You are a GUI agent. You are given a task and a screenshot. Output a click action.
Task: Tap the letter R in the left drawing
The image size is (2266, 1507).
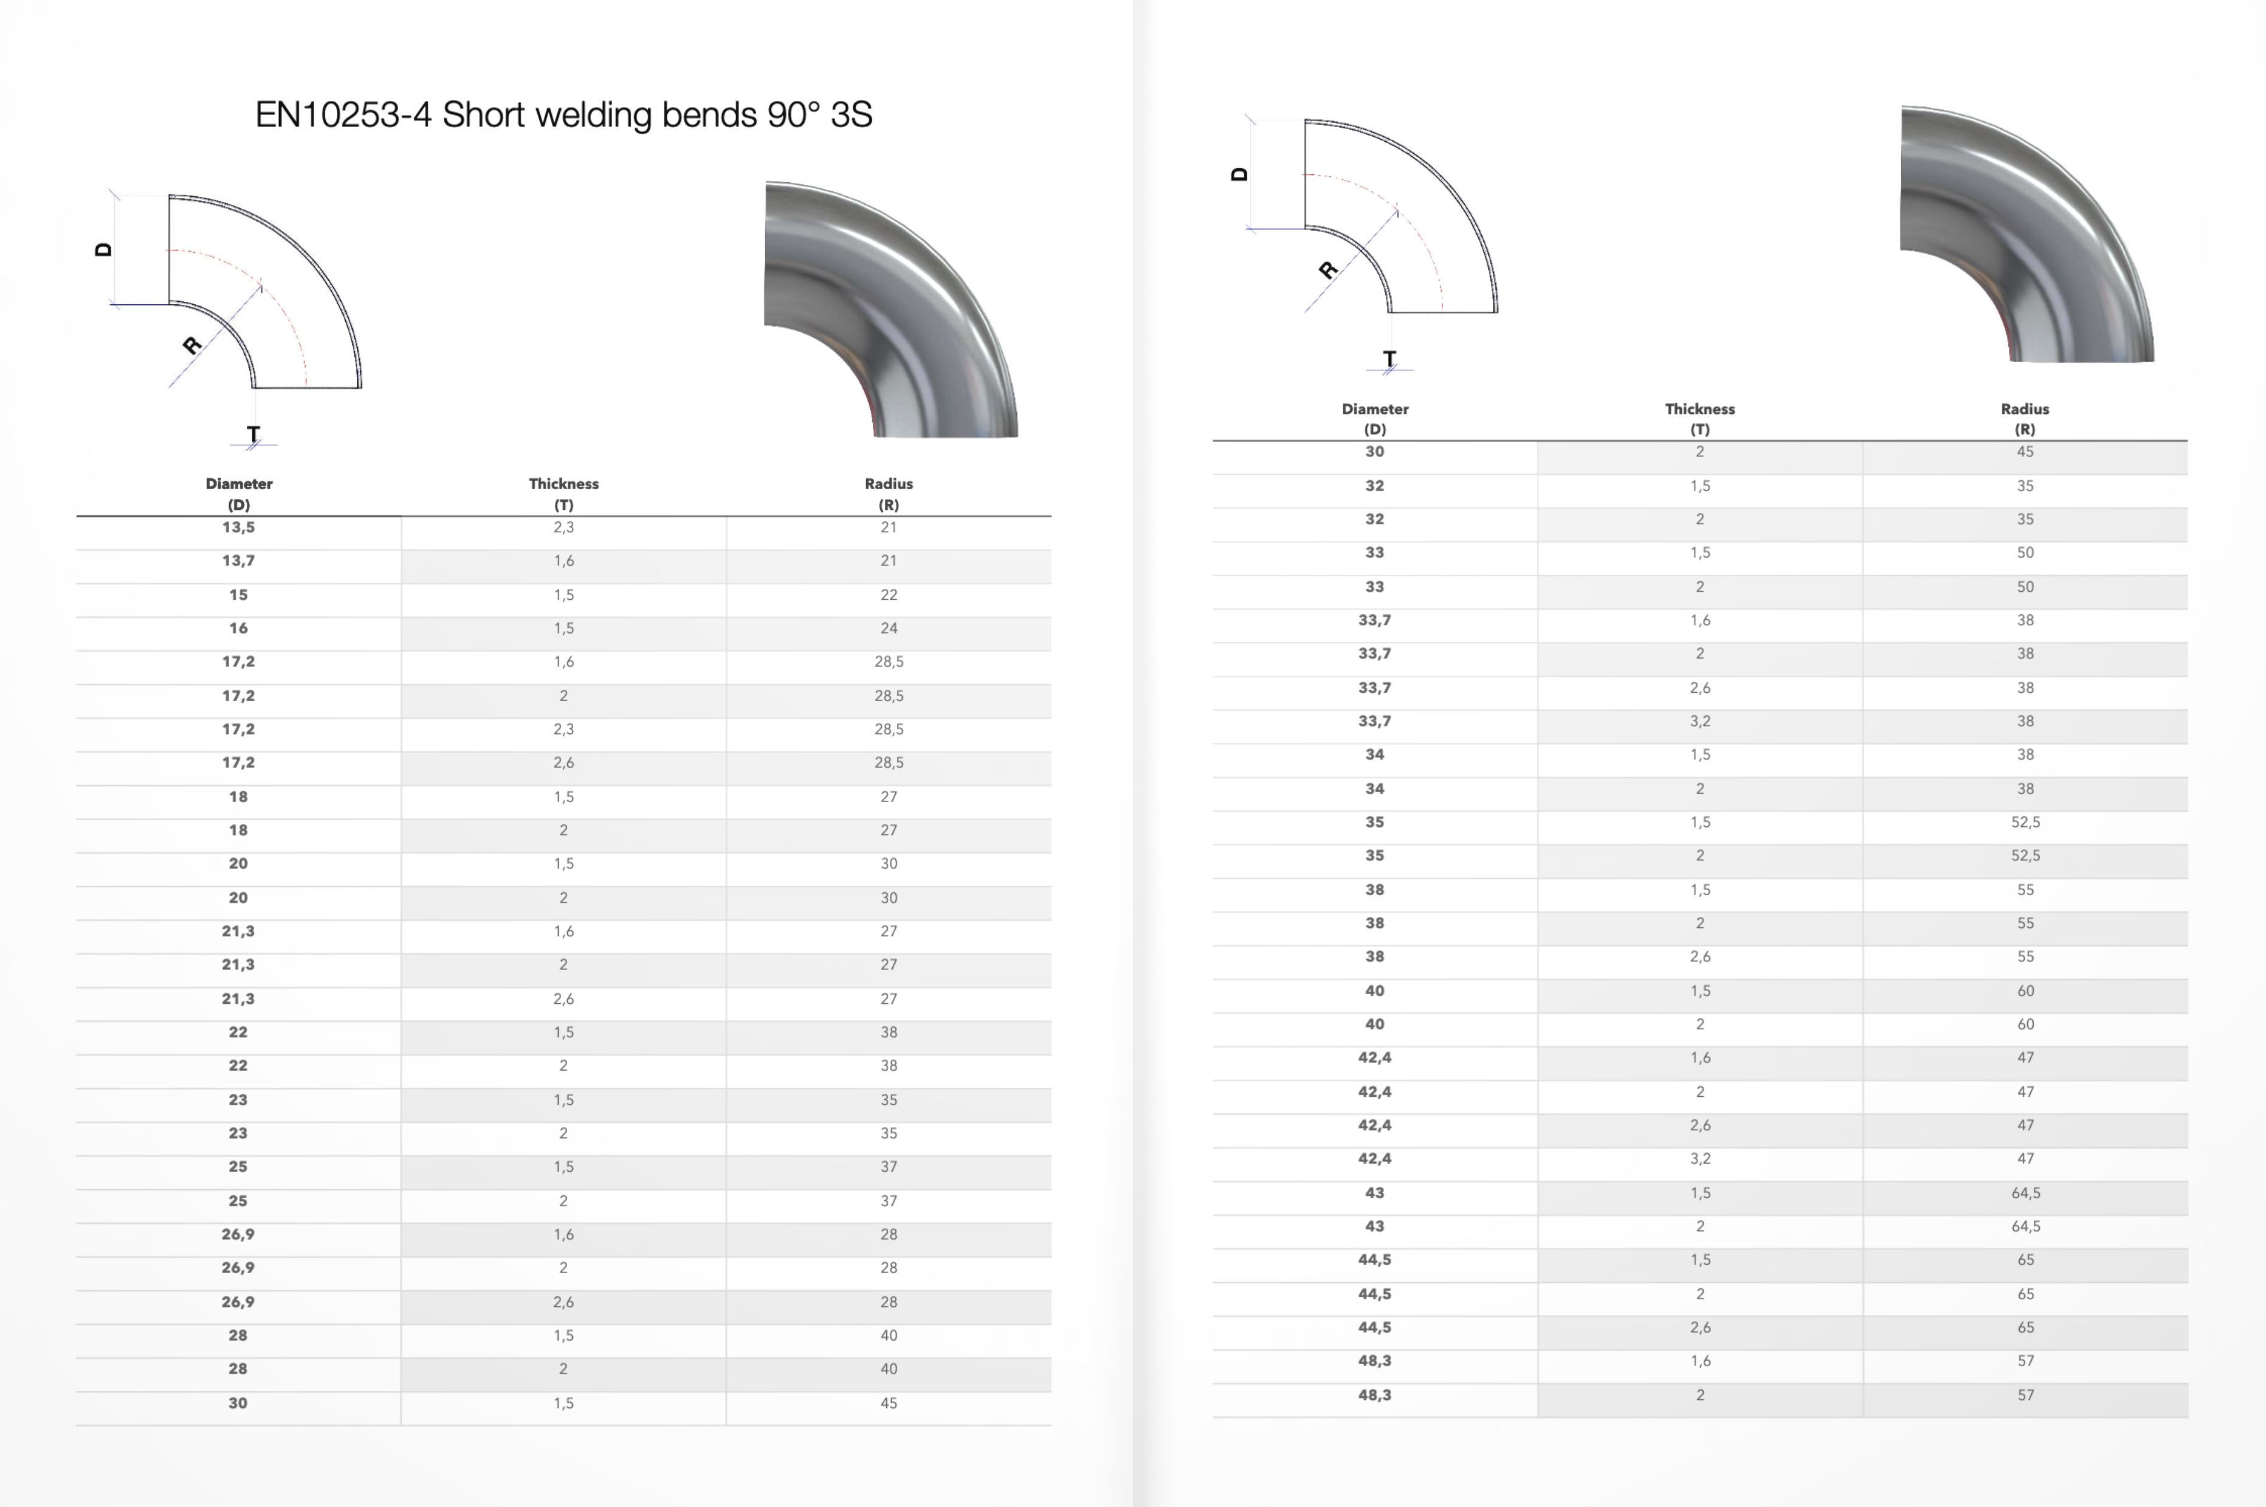tap(192, 344)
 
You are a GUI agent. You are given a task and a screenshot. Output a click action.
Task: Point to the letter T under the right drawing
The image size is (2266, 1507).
tap(1390, 359)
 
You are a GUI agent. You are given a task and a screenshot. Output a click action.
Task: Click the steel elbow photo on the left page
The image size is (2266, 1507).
tap(890, 309)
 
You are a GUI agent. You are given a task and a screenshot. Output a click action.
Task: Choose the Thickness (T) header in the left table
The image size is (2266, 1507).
tap(563, 493)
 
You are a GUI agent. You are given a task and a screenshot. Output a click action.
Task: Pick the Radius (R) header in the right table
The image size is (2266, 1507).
tap(2025, 418)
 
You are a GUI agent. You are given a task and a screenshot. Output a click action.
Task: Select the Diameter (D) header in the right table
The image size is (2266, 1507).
tap(1375, 418)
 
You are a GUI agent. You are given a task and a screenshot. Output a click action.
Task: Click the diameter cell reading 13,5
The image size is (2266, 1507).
tap(238, 527)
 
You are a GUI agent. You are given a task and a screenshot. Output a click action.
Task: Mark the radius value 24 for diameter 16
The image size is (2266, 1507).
tap(888, 628)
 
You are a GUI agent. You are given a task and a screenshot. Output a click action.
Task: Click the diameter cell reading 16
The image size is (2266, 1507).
tap(238, 628)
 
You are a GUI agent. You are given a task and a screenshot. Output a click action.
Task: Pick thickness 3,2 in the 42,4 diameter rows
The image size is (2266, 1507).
tap(1699, 1159)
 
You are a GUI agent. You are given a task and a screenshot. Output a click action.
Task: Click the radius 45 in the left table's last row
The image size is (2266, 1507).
tap(888, 1403)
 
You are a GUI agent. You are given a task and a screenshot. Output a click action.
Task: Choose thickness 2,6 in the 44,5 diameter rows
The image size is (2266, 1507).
tap(1699, 1327)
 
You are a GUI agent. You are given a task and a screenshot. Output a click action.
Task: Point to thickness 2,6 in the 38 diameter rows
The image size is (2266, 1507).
tap(1699, 957)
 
